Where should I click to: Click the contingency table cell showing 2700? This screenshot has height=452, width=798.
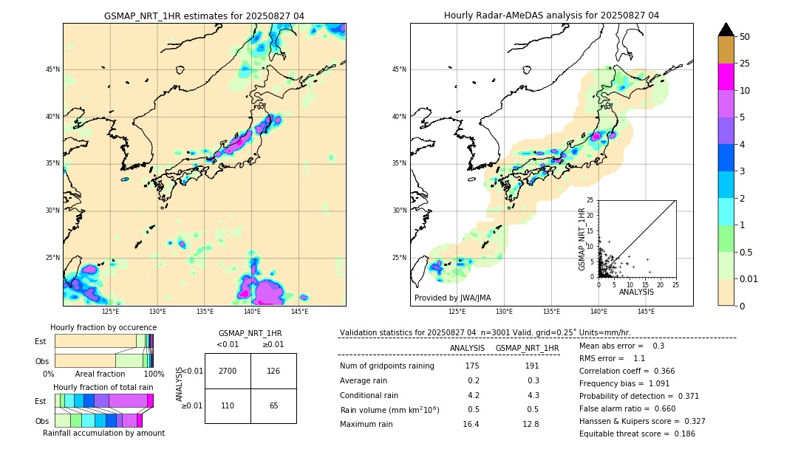pyautogui.click(x=228, y=371)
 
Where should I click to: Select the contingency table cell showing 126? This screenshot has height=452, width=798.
pyautogui.click(x=273, y=371)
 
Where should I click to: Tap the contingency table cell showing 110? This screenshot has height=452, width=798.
pyautogui.click(x=228, y=406)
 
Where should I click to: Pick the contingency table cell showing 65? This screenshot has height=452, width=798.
pyautogui.click(x=273, y=406)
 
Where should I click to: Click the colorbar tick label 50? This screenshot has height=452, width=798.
pyautogui.click(x=745, y=37)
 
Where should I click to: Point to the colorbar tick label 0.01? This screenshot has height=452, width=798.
pyautogui.click(x=749, y=278)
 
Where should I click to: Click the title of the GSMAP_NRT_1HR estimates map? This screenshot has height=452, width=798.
pyautogui.click(x=204, y=16)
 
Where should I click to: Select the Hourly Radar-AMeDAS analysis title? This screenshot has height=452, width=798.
pyautogui.click(x=551, y=16)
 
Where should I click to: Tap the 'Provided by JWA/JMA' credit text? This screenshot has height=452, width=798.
pyautogui.click(x=452, y=298)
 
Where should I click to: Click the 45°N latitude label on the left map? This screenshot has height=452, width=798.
pyautogui.click(x=52, y=69)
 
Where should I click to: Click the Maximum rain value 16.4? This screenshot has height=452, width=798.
pyautogui.click(x=471, y=424)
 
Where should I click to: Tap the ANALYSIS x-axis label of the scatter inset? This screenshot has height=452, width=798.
pyautogui.click(x=636, y=292)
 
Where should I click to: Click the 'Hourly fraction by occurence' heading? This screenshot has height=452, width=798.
pyautogui.click(x=103, y=327)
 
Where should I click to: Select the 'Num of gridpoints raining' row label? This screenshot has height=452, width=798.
pyautogui.click(x=387, y=366)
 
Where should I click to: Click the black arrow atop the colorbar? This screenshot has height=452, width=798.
pyautogui.click(x=726, y=30)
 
